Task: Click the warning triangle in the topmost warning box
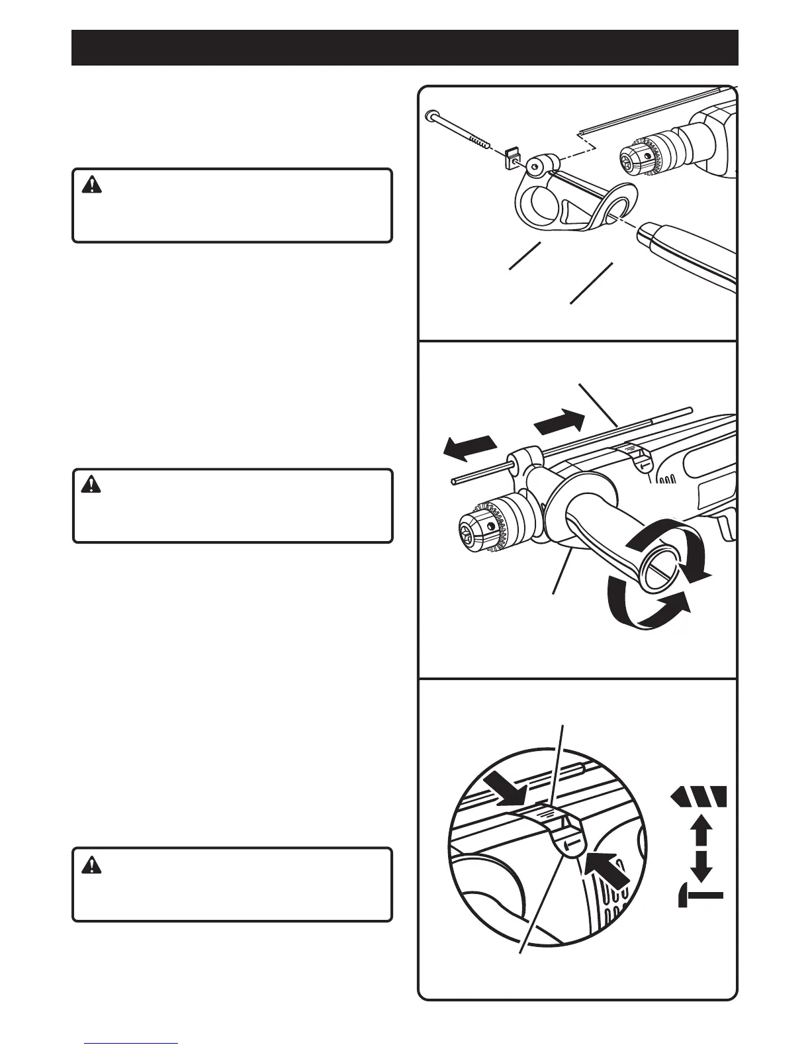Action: [x=88, y=185]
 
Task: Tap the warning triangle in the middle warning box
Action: [x=88, y=485]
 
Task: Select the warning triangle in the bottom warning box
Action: [x=88, y=864]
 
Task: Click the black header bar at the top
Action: [x=404, y=47]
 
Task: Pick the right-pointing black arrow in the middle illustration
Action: [x=559, y=422]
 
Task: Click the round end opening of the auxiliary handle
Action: [x=658, y=570]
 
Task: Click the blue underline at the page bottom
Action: [x=131, y=1043]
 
